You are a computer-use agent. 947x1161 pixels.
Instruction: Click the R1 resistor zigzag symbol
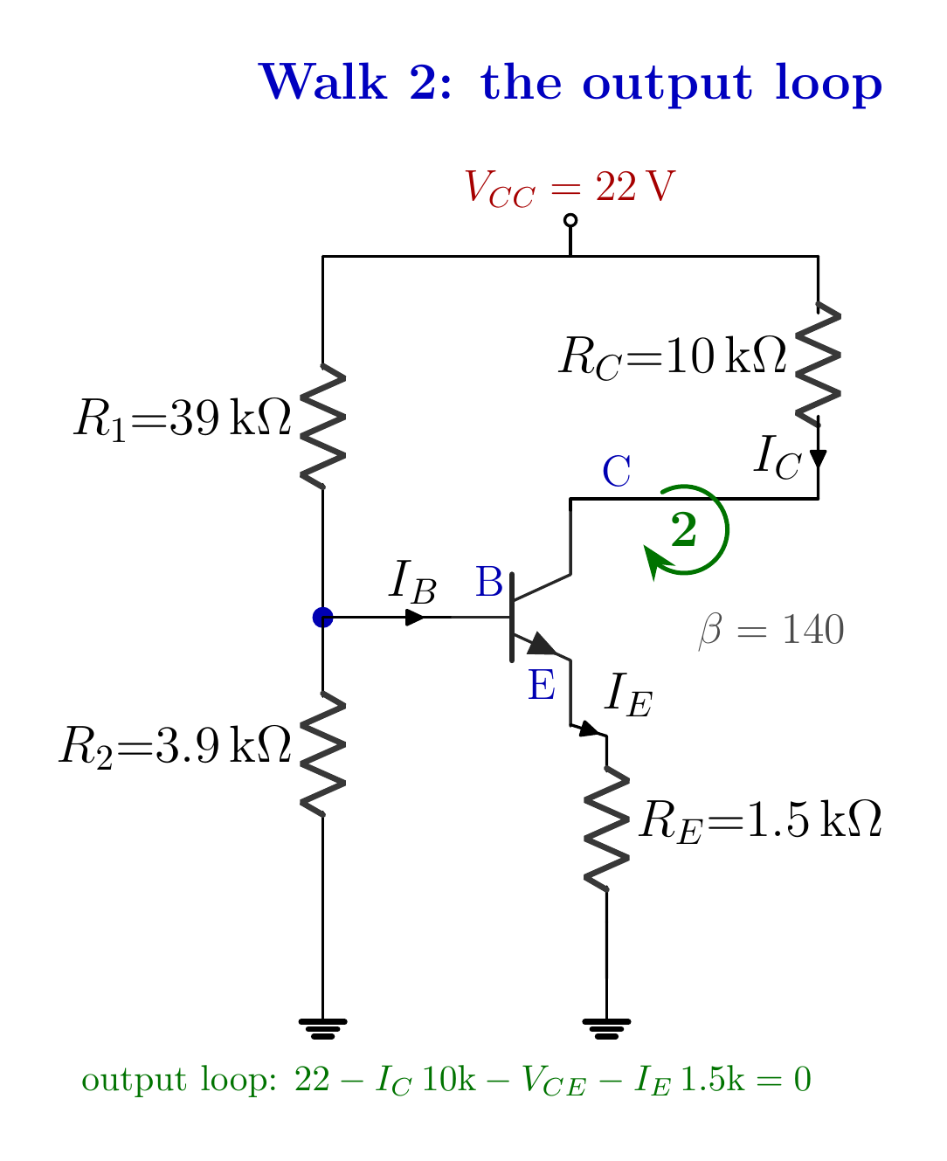pos(322,425)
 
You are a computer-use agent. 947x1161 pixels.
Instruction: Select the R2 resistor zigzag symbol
pos(322,753)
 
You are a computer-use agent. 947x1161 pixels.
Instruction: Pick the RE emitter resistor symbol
pos(605,828)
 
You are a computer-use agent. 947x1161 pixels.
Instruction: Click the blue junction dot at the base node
pos(322,617)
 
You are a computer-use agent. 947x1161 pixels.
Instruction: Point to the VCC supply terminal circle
pos(570,220)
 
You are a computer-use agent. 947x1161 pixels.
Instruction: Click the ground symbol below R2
pos(322,1028)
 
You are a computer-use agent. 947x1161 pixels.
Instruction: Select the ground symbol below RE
pos(605,1028)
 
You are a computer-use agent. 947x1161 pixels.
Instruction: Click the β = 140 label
pos(771,629)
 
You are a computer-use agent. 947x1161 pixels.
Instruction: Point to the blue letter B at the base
pos(488,581)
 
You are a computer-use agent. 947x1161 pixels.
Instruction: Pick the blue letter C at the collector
pos(616,471)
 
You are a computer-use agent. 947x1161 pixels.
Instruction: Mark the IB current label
pos(411,582)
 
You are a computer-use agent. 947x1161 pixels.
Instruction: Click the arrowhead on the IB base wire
pos(414,617)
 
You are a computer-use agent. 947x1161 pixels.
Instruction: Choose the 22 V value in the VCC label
pos(634,186)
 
